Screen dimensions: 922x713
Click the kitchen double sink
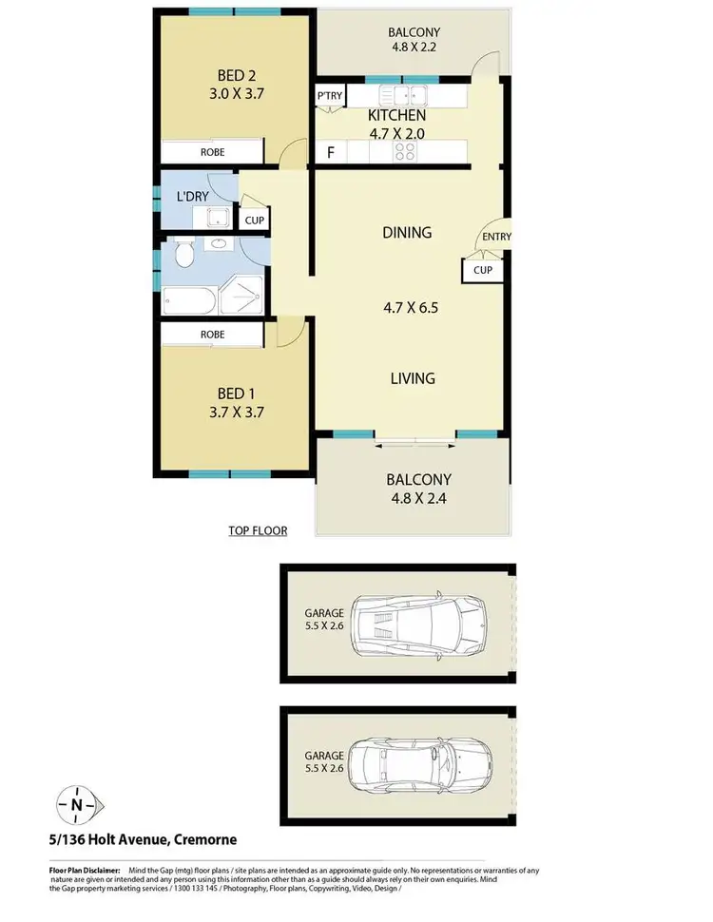pos(404,95)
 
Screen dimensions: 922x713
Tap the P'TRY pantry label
pos(331,96)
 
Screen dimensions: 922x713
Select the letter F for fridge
pos(331,152)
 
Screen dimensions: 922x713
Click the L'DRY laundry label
pos(193,198)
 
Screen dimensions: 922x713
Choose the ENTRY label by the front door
pos(496,237)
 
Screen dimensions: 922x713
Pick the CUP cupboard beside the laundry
pos(254,221)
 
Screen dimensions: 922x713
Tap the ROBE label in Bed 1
pos(212,335)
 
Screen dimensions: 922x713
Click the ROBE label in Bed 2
pos(212,151)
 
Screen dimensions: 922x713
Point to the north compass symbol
pos(76,804)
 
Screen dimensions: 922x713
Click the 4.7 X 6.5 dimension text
pos(410,307)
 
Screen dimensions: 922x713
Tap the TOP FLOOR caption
pos(258,530)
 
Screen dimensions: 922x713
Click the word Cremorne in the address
pos(202,839)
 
